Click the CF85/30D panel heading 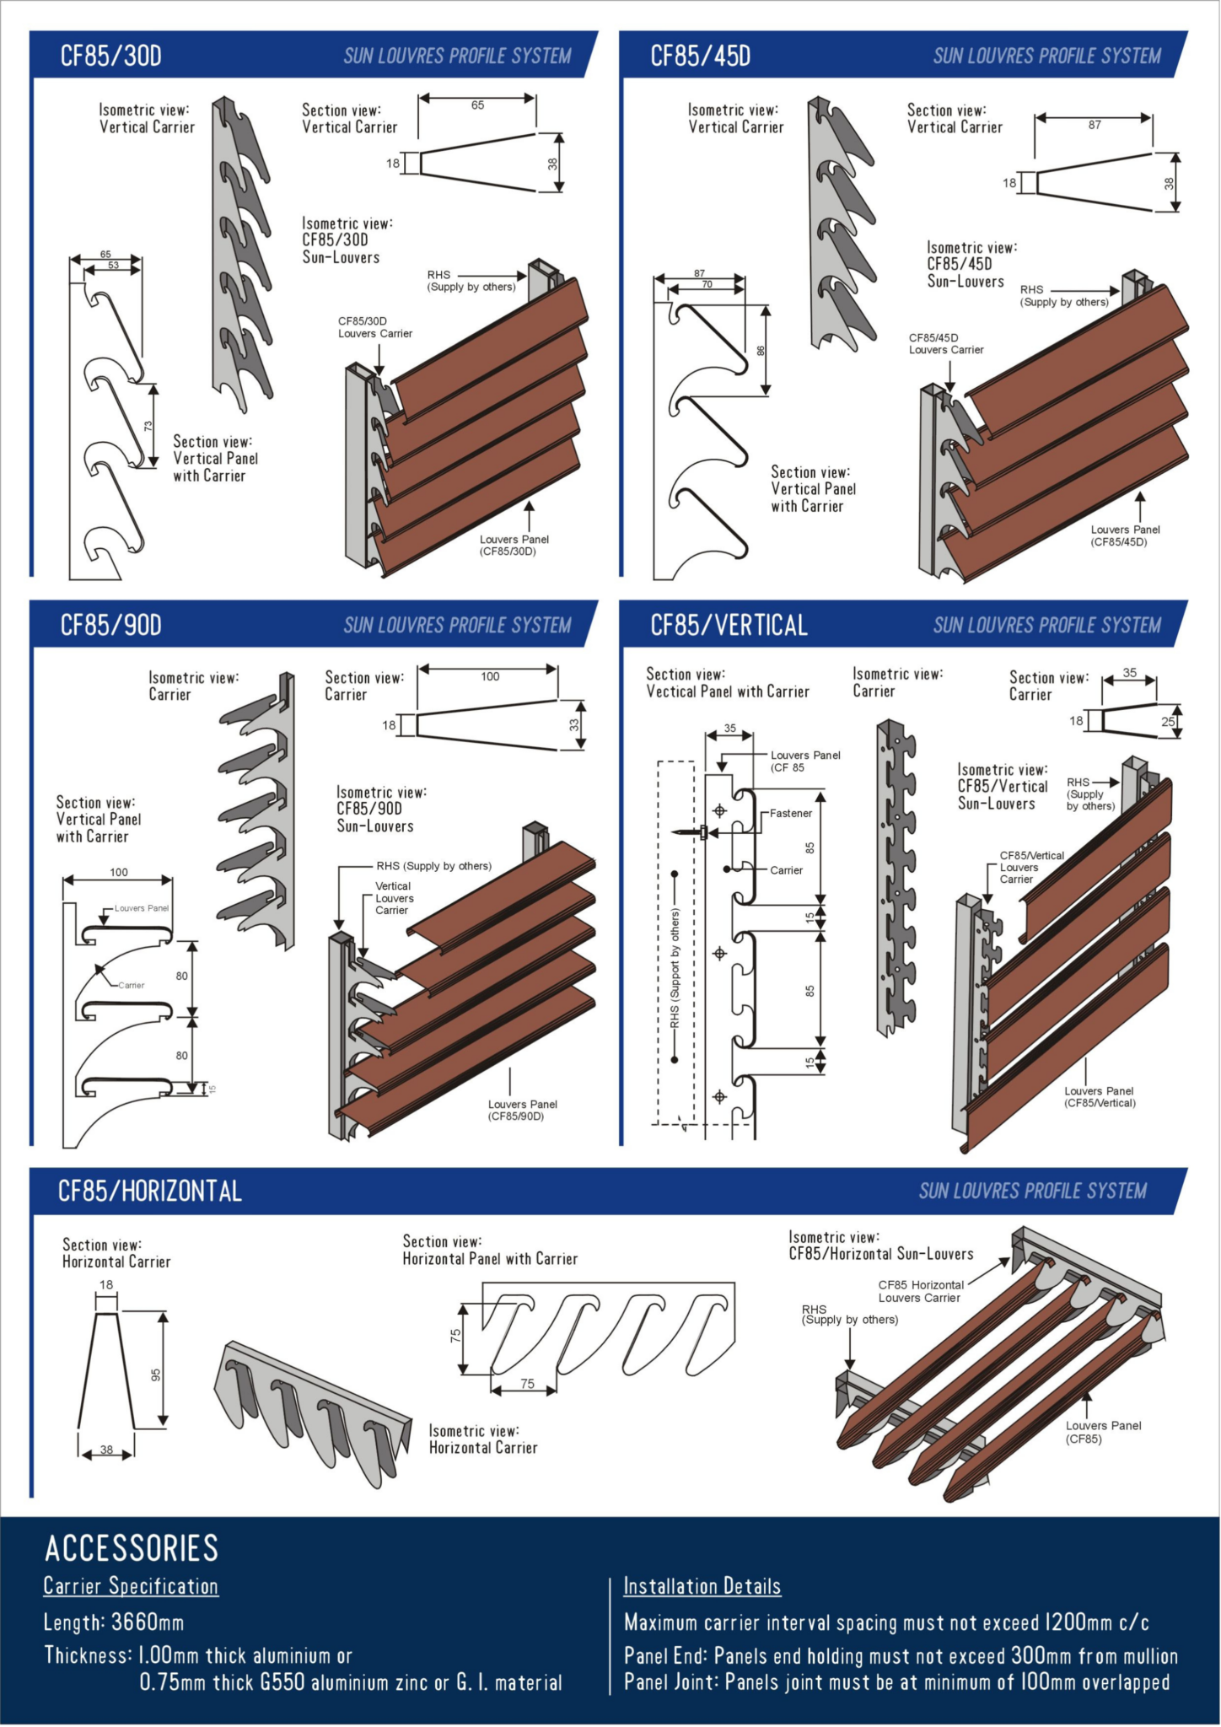pyautogui.click(x=110, y=56)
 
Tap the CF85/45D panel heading pyautogui.click(x=700, y=56)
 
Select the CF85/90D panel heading pyautogui.click(x=110, y=625)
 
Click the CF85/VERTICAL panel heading pyautogui.click(x=729, y=625)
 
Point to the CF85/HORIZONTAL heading pyautogui.click(x=149, y=1191)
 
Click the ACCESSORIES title pyautogui.click(x=132, y=1548)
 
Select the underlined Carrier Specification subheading pyautogui.click(x=131, y=1586)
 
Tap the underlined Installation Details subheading pyautogui.click(x=702, y=1586)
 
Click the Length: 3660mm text pyautogui.click(x=113, y=1622)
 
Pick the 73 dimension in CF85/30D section pyautogui.click(x=148, y=426)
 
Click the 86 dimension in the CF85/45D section pyautogui.click(x=761, y=351)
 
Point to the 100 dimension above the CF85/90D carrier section pyautogui.click(x=490, y=676)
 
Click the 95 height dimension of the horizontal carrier pyautogui.click(x=156, y=1375)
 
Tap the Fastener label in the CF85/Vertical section pyautogui.click(x=790, y=814)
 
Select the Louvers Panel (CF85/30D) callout pyautogui.click(x=514, y=546)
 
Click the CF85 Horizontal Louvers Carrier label pyautogui.click(x=920, y=1291)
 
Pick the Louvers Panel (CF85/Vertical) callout pyautogui.click(x=1099, y=1096)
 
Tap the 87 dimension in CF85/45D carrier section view pyautogui.click(x=1094, y=125)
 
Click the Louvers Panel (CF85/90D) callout pyautogui.click(x=522, y=1110)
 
